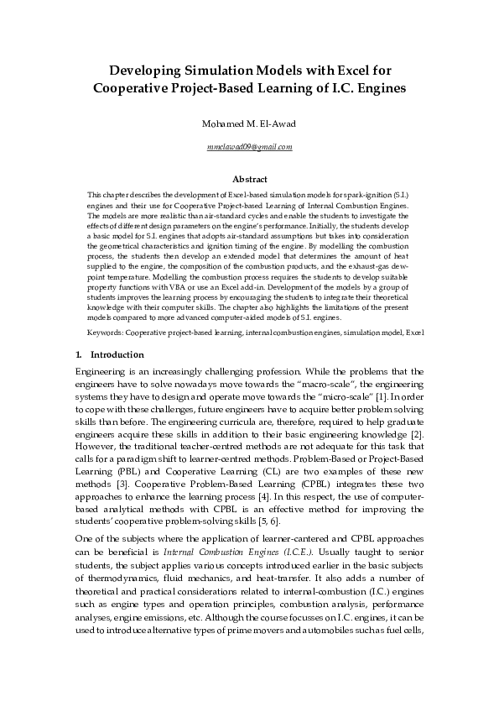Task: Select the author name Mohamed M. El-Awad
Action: pyautogui.click(x=249, y=125)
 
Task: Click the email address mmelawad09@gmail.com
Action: pyautogui.click(x=249, y=147)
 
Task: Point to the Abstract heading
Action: pyautogui.click(x=249, y=179)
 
